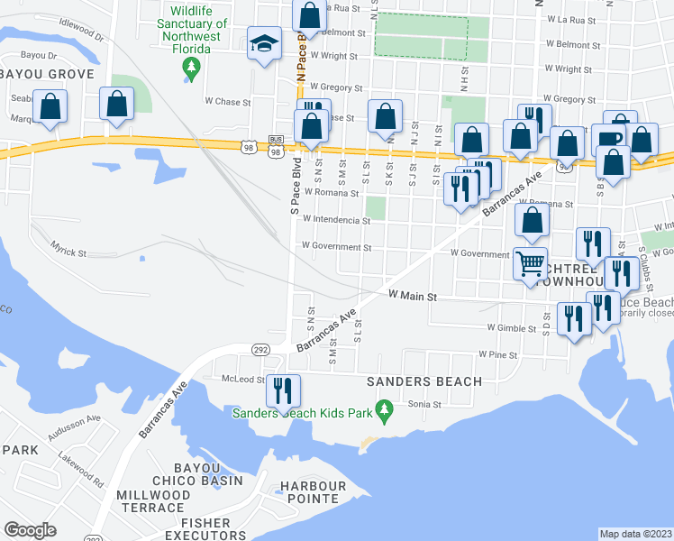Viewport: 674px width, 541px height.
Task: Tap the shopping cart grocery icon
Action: click(531, 263)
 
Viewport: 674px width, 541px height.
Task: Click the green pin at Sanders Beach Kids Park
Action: click(386, 412)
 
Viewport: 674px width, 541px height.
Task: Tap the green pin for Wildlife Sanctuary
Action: click(190, 67)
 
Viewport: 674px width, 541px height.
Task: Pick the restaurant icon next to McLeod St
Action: click(283, 390)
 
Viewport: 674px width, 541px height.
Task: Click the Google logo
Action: click(30, 529)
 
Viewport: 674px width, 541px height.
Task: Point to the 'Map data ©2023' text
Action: click(636, 534)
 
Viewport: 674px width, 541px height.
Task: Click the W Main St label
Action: click(412, 296)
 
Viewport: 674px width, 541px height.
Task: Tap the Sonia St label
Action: click(424, 405)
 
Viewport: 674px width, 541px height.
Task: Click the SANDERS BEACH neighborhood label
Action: click(424, 381)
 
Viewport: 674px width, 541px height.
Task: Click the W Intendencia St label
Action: click(336, 219)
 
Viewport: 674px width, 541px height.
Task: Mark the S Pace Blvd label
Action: click(295, 188)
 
